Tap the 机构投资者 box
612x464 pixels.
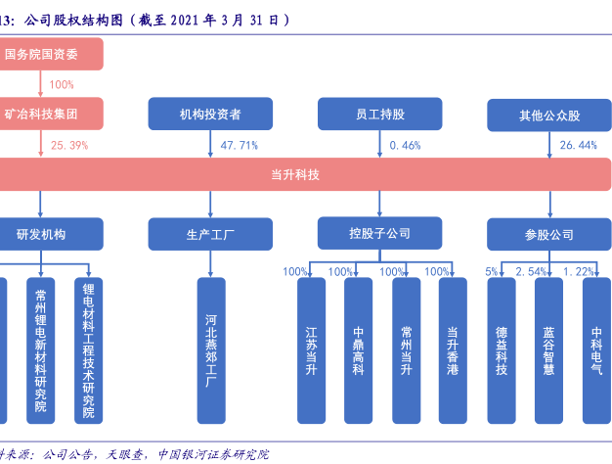click(x=210, y=115)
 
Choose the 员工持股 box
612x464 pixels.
click(x=379, y=115)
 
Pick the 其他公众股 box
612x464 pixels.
click(x=549, y=115)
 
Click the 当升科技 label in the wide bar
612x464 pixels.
click(x=295, y=174)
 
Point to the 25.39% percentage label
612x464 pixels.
click(x=69, y=145)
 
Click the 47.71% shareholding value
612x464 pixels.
click(x=240, y=145)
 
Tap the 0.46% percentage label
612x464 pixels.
click(x=405, y=145)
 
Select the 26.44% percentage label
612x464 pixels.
click(x=578, y=145)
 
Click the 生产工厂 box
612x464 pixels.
click(x=210, y=235)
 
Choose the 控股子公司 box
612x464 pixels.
click(x=379, y=234)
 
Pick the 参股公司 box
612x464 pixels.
click(x=549, y=235)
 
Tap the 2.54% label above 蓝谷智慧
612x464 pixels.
click(x=531, y=271)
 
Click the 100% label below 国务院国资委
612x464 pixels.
click(x=61, y=85)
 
